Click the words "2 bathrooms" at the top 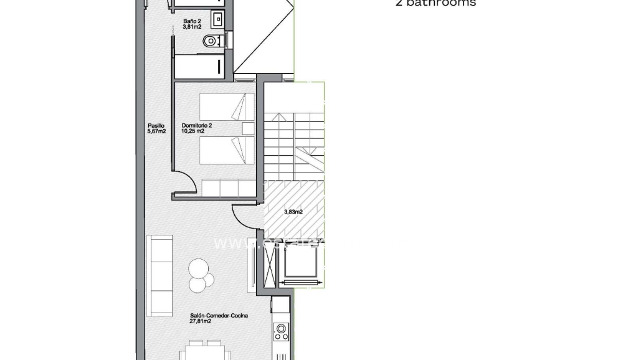coord(435,3)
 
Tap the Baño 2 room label coord(190,22)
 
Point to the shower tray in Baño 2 coord(199,66)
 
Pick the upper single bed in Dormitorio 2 coord(227,107)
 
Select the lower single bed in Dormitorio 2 coord(227,151)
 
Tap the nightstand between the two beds coord(248,129)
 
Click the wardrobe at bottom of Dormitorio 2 coord(228,187)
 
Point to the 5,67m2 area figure coord(156,132)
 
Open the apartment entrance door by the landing coord(244,215)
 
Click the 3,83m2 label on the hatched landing coord(293,212)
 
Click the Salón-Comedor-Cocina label coord(219,316)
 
